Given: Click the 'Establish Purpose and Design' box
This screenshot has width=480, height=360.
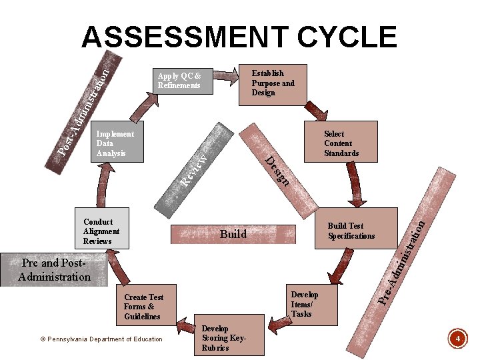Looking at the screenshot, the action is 272,83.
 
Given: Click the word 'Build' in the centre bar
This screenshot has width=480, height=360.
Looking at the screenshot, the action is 233,234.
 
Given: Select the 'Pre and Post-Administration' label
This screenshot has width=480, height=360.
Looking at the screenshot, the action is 55,270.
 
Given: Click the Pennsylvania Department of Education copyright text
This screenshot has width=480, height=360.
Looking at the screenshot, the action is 101,339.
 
